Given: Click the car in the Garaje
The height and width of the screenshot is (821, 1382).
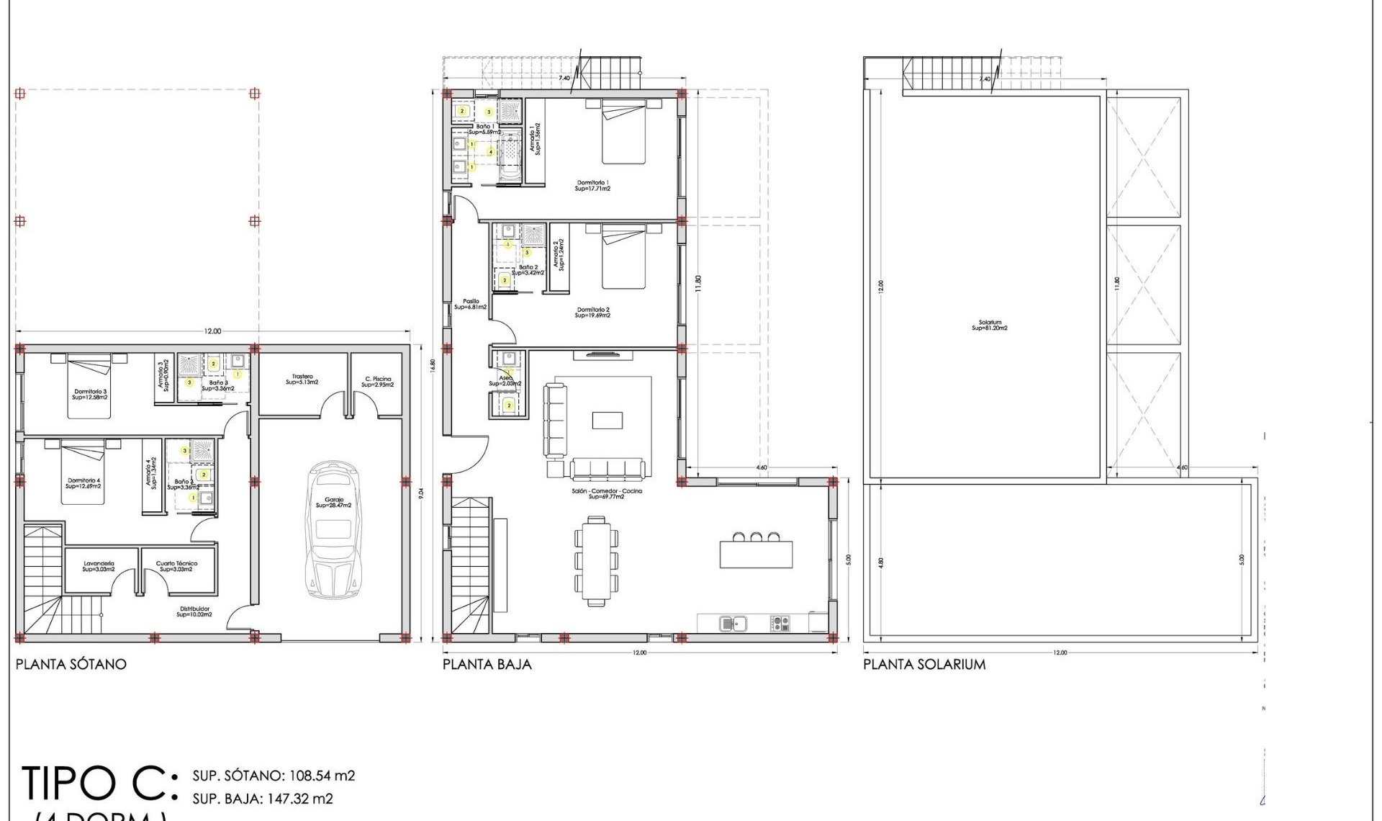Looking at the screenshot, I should pos(333,529).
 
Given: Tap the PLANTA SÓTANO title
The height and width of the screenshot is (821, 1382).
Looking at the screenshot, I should pos(71,664).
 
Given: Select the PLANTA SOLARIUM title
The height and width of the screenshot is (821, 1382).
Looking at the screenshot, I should pos(924,664).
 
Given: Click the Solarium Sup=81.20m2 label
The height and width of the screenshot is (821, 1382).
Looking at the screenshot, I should pos(990,326).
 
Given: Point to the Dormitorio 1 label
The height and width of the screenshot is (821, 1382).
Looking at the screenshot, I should pos(592,186).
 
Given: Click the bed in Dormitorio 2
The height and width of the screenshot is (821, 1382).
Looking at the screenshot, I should pos(623,256).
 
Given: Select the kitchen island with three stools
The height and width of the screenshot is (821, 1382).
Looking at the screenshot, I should pos(756,553).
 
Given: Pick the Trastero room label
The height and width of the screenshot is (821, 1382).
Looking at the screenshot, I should pos(302,380).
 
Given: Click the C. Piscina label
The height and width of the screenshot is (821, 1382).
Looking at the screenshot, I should pos(378,382).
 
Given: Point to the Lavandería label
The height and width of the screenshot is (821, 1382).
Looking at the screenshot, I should pos(99,567).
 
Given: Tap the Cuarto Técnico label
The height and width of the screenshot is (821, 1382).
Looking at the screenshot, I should pos(176,567).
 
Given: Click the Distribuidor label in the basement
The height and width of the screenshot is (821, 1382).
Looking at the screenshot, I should pos(194,611).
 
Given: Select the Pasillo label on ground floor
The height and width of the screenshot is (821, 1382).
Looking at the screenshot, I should pos(471,305).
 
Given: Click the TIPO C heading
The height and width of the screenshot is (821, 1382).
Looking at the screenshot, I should pos(97,784).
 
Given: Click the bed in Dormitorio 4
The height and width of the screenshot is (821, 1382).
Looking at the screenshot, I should pos(83,471).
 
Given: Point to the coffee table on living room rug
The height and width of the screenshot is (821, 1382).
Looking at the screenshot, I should pos(608,420).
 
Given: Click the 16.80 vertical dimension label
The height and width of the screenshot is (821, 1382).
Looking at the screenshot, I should pos(433,365).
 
